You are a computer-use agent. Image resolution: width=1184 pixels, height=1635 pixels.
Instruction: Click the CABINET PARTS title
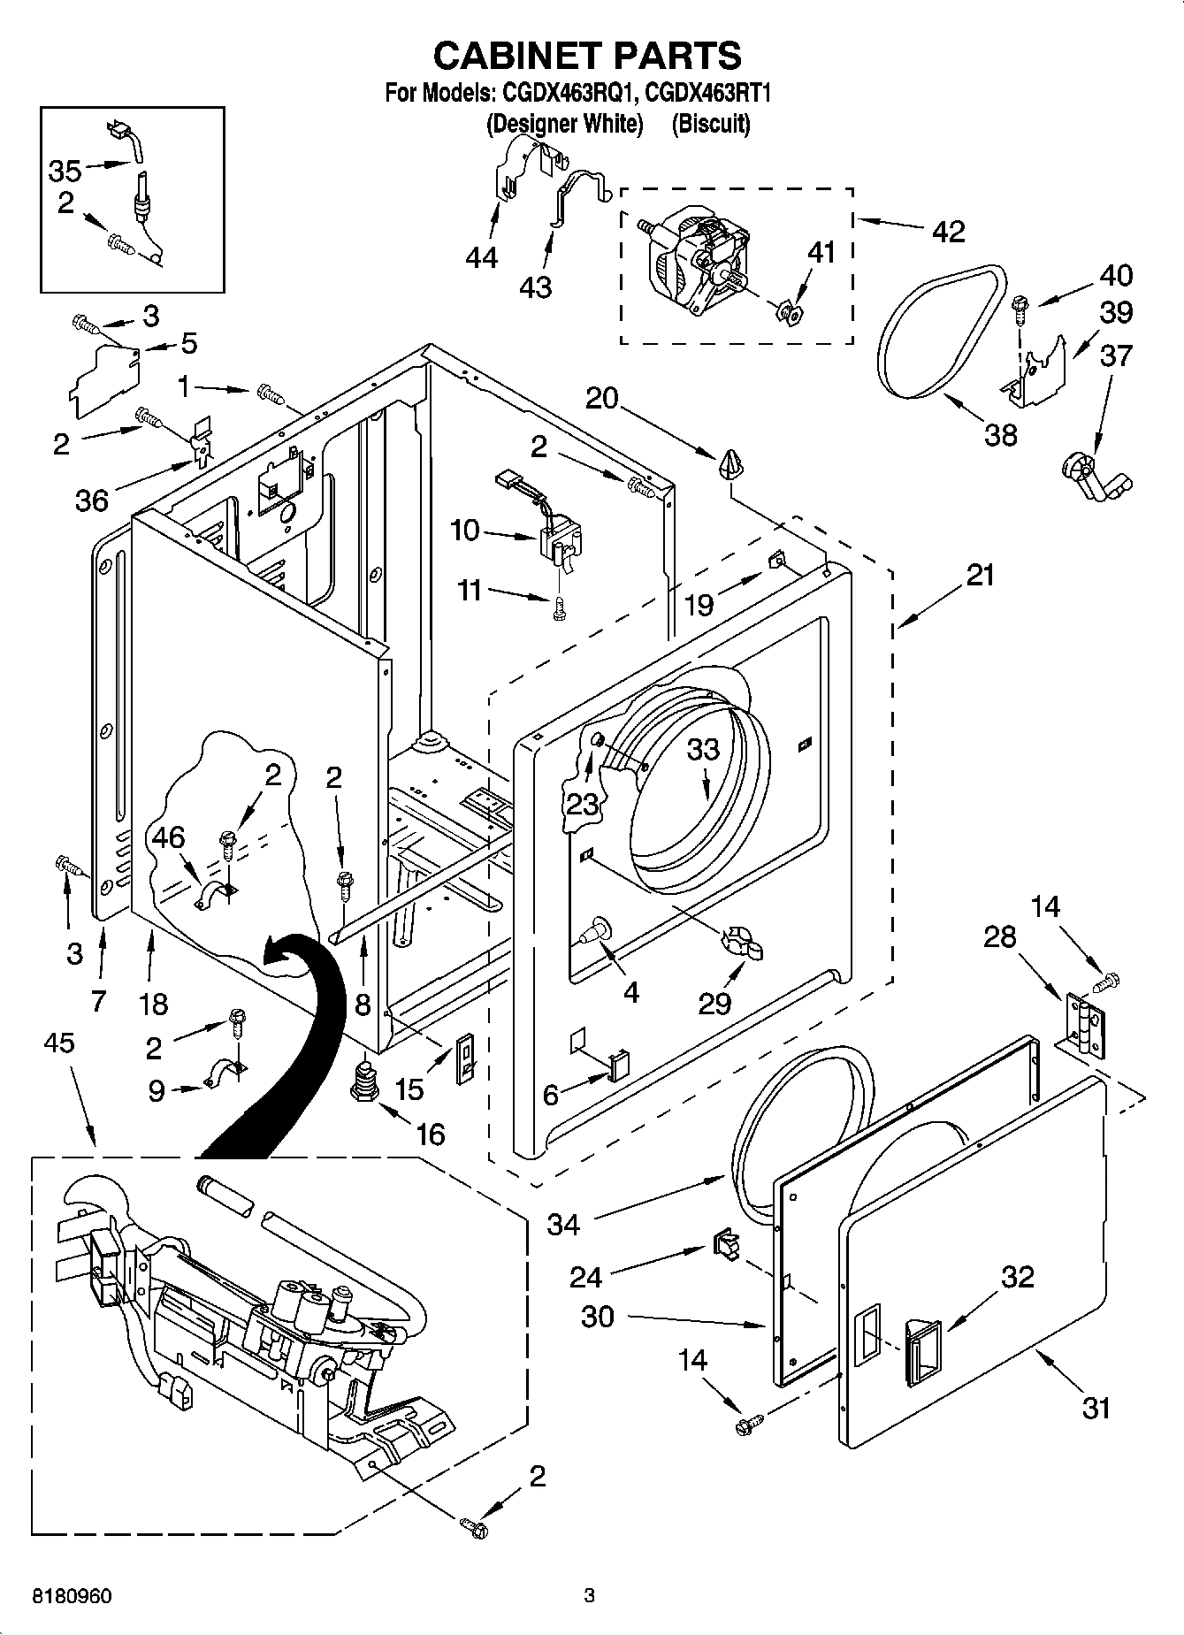(587, 56)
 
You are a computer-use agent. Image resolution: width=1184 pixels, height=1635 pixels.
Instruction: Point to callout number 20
(601, 399)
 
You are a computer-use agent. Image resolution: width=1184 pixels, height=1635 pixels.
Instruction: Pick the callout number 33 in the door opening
(704, 750)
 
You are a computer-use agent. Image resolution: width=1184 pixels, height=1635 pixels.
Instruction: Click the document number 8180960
(72, 1596)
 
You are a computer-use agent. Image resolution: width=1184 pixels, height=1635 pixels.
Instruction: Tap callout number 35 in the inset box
(65, 171)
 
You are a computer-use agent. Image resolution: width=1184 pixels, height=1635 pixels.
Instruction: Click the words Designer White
(564, 124)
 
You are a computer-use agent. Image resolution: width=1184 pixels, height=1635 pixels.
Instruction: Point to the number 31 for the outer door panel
(1096, 1407)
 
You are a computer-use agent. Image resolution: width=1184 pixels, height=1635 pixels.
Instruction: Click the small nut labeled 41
(789, 311)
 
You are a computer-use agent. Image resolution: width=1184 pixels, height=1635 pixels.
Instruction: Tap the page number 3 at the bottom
(589, 1596)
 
